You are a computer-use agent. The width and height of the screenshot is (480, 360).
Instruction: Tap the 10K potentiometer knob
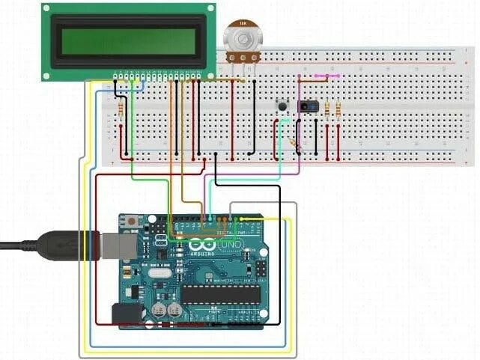[x=241, y=38]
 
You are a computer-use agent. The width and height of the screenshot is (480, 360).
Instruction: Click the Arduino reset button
[x=132, y=222]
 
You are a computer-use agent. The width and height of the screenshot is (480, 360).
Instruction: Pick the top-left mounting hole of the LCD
[x=47, y=8]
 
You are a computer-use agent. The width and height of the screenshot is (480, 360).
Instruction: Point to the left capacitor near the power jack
[x=159, y=309]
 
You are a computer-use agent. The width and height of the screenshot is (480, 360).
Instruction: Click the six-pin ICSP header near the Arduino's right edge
[x=261, y=270]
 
